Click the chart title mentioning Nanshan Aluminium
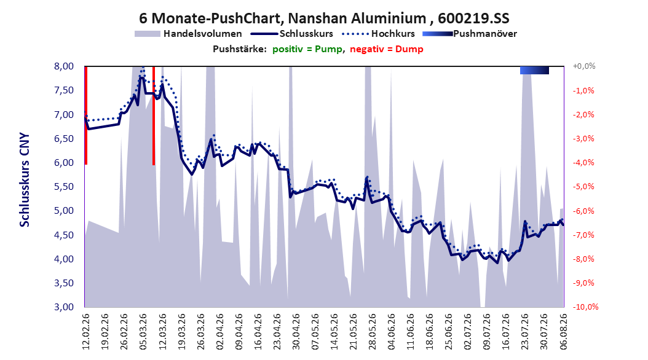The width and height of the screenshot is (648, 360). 324,18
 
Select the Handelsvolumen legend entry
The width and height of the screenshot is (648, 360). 189,34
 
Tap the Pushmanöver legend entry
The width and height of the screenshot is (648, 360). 470,34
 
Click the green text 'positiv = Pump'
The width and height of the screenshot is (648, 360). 307,49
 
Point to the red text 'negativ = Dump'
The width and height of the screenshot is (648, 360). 387,49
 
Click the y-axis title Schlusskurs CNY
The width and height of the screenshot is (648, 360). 25,179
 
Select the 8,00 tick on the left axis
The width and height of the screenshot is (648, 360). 64,66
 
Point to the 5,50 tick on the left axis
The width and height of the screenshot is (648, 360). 64,187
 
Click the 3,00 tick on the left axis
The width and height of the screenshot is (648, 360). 64,307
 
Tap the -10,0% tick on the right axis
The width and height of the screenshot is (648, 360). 585,307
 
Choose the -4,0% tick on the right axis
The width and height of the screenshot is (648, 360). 583,162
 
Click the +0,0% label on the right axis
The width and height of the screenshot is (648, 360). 584,66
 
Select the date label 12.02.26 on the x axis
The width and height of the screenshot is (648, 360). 86,332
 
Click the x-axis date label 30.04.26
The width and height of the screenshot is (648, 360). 296,332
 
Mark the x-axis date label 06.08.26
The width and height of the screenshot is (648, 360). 563,332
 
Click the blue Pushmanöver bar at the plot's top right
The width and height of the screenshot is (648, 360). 534,70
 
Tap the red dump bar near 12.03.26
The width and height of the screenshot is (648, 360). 154,115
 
